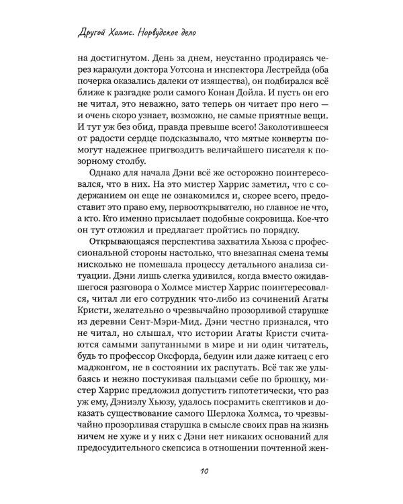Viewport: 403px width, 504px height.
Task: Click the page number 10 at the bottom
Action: tap(201, 470)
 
